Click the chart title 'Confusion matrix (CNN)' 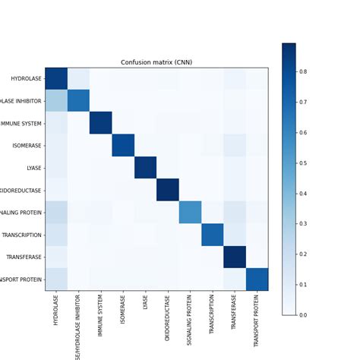(x=156, y=62)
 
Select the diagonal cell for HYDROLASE (x=56, y=78)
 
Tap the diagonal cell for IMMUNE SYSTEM (x=101, y=123)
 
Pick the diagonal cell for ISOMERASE (x=123, y=145)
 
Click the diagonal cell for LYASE (x=145, y=168)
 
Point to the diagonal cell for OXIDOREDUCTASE (x=168, y=190)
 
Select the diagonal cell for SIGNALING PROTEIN (x=190, y=213)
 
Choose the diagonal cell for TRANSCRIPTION (x=213, y=235)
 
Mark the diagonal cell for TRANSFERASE (x=235, y=257)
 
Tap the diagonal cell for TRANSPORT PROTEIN (x=257, y=279)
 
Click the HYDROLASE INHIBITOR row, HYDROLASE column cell (x=56, y=101)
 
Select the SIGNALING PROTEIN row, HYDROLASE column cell (x=56, y=213)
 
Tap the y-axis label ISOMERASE (x=26, y=145)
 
